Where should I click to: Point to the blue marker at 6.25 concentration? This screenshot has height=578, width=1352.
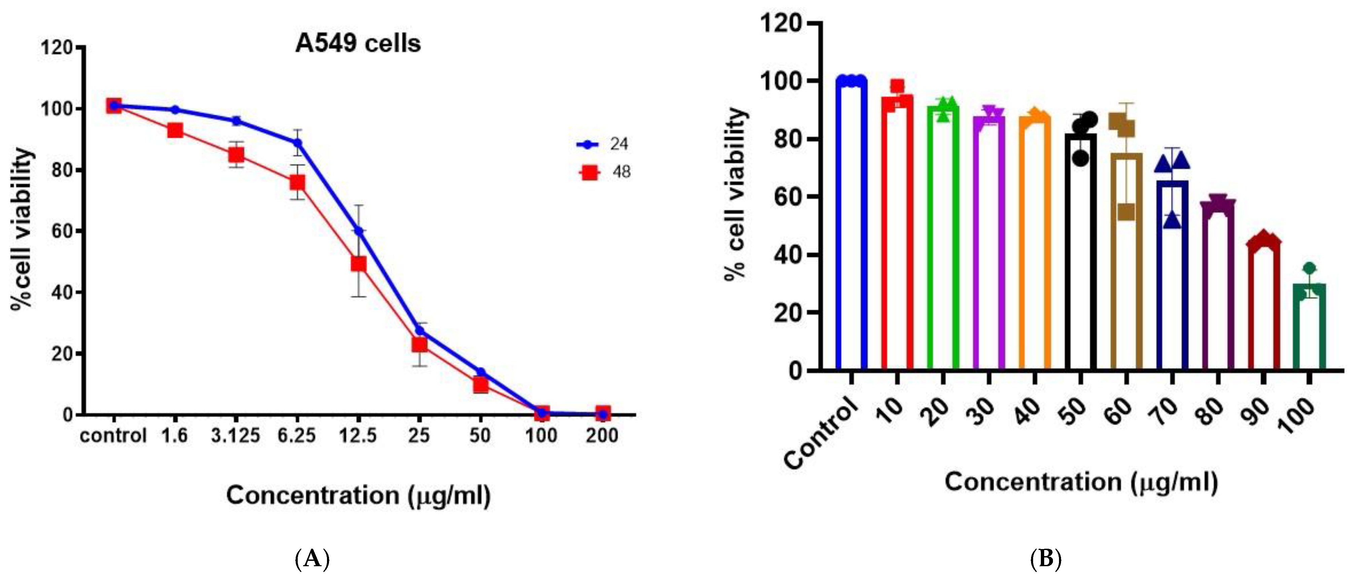point(297,142)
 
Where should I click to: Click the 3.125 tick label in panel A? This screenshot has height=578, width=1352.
point(235,435)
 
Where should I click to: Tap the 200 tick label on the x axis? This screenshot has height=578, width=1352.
point(602,435)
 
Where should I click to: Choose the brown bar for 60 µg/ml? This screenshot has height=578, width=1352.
point(1126,263)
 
